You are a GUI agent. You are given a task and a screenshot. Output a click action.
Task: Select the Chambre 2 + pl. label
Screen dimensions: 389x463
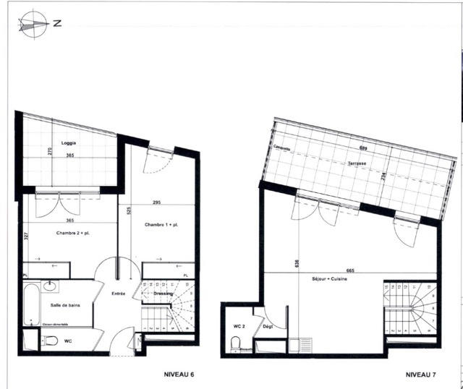click(72, 233)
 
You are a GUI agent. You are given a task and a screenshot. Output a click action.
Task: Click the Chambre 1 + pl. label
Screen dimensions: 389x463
click(161, 225)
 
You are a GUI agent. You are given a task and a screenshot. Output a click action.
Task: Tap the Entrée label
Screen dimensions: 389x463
click(119, 293)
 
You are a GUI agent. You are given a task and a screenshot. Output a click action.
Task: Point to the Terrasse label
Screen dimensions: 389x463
click(356, 164)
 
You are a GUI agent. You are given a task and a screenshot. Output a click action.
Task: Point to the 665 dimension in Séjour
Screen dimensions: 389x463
click(350, 270)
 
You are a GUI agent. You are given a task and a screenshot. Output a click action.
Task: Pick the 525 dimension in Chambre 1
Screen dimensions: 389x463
click(127, 212)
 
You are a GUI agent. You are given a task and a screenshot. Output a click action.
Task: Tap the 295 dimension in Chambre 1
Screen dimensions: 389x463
click(156, 202)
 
